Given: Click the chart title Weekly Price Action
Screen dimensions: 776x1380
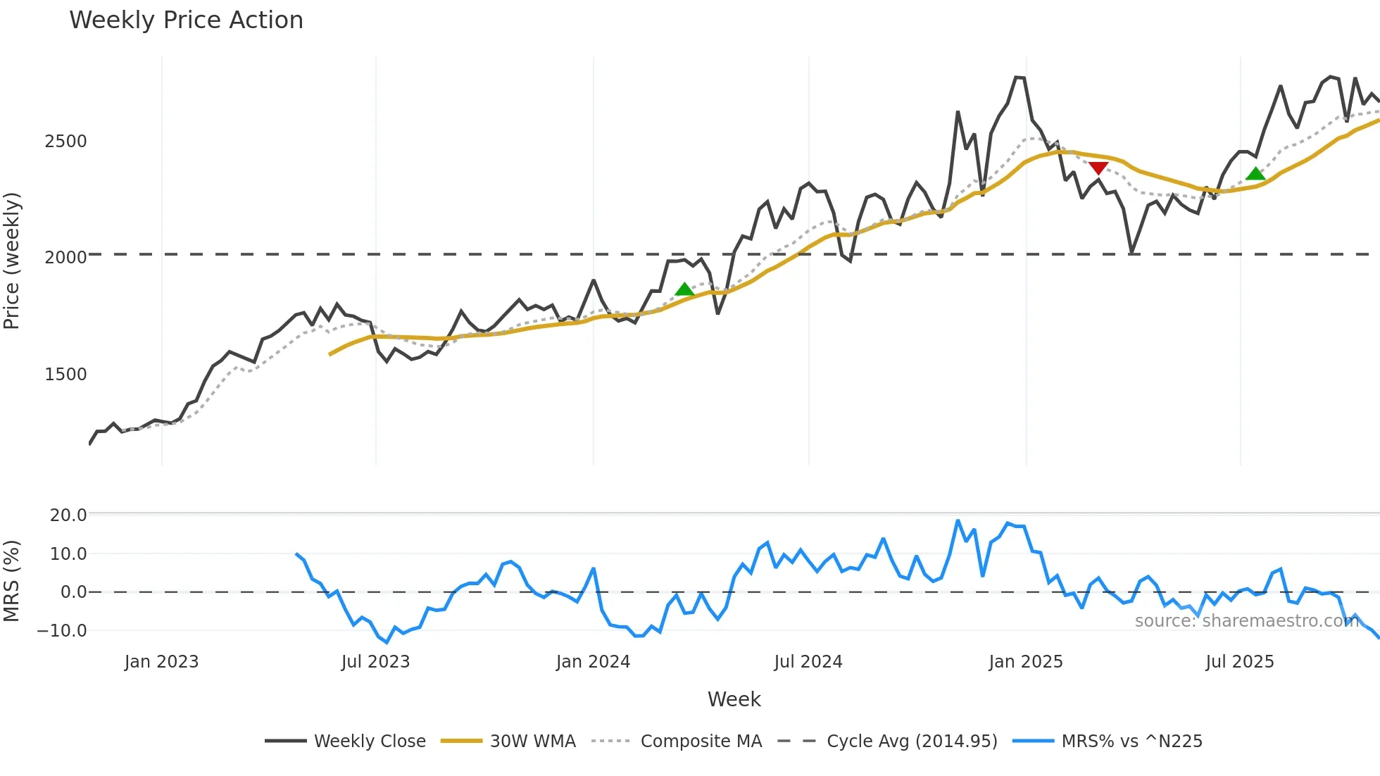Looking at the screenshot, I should [186, 20].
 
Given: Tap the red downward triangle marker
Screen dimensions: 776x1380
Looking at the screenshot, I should [1098, 168].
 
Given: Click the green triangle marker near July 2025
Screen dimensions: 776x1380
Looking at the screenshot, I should [1255, 174].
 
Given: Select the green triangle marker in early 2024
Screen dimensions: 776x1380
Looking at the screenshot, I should [684, 289].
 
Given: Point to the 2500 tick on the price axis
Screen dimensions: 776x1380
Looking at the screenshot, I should [65, 142].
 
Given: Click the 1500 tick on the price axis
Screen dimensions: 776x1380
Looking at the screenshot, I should [65, 375].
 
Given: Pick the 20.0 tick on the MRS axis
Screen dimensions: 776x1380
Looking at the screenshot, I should [68, 515].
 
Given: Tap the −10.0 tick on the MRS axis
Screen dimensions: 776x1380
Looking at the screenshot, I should [62, 631].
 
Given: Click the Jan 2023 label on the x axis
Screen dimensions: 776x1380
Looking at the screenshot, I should [161, 662].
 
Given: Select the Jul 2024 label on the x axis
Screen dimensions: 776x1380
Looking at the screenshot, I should [808, 662].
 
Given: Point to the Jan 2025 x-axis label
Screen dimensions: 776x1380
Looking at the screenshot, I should [1025, 662].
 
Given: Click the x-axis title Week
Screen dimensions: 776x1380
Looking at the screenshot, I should [734, 699].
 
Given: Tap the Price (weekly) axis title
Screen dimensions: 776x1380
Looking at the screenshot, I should [12, 261].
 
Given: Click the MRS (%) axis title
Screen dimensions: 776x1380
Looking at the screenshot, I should [12, 581].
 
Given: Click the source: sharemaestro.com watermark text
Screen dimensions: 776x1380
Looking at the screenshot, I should [1246, 621].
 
